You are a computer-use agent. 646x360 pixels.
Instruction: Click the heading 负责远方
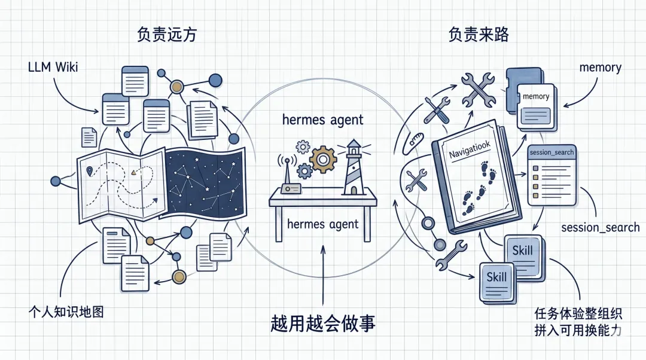coord(166,35)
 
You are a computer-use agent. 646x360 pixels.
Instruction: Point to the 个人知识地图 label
coord(66,312)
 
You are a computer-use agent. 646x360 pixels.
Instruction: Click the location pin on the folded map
coord(90,172)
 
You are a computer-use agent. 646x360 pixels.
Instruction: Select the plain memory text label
coord(600,67)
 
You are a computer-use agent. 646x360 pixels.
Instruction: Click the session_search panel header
coord(551,152)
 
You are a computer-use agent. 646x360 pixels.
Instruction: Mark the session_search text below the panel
coord(600,227)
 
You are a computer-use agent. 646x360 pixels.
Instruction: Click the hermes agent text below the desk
coord(323,224)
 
